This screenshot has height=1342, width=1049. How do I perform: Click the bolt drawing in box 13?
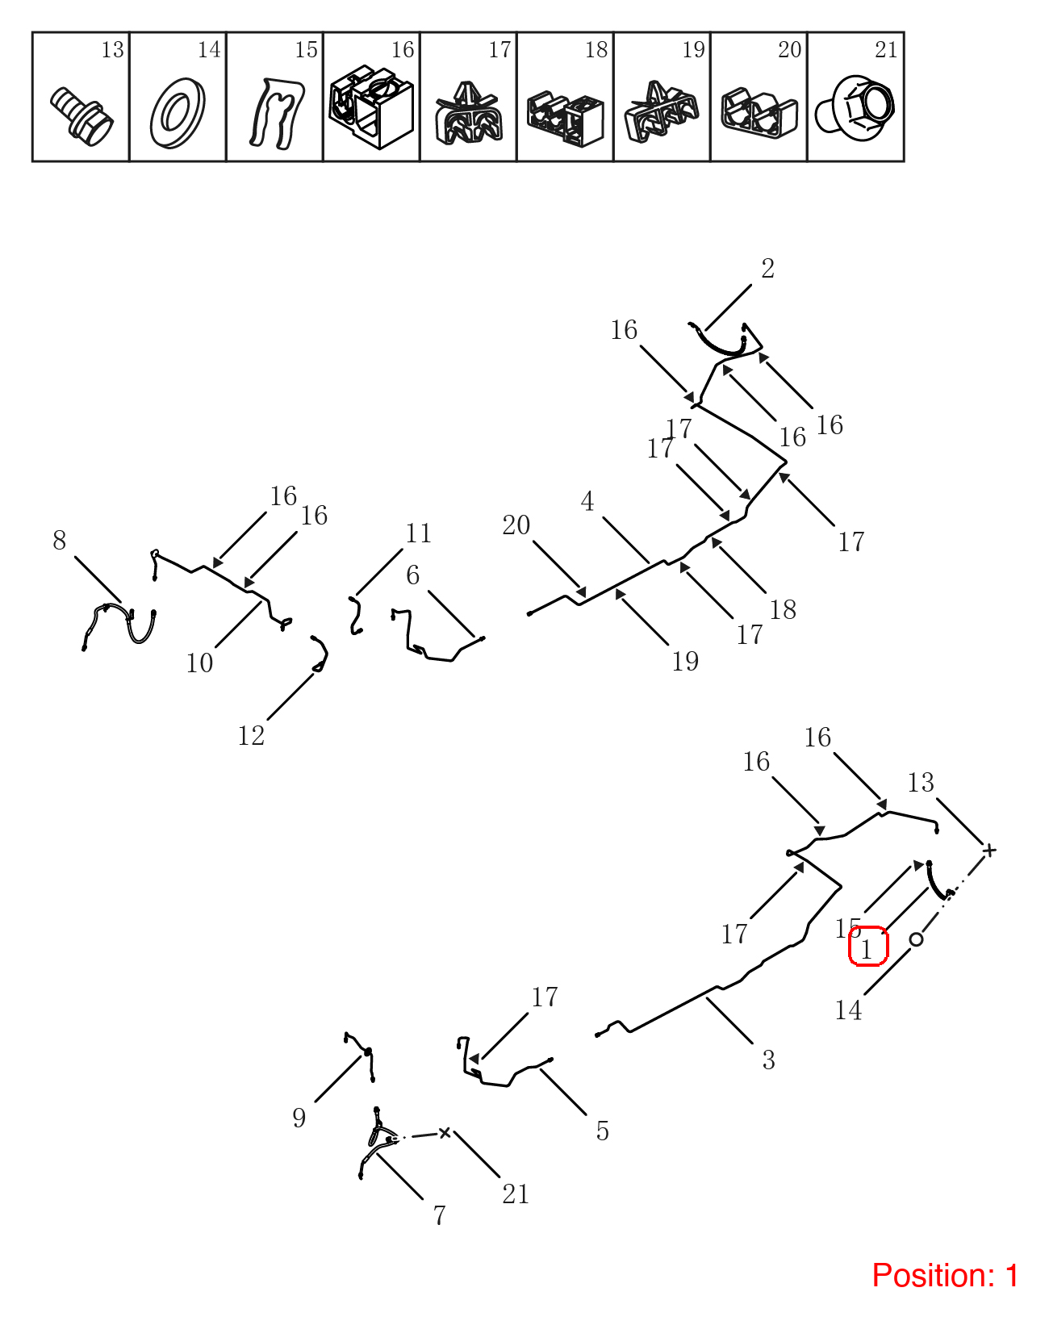click(x=81, y=117)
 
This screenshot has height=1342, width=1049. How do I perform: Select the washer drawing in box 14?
click(x=178, y=113)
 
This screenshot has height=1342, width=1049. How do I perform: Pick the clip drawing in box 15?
click(x=277, y=114)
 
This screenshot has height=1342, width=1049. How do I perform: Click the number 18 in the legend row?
click(x=596, y=49)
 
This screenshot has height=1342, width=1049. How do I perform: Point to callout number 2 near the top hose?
click(x=767, y=268)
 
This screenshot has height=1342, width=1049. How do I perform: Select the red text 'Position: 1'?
click(x=945, y=1275)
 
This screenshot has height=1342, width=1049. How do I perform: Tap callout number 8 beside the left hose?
click(x=59, y=540)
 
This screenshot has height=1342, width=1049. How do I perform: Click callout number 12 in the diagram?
click(x=251, y=735)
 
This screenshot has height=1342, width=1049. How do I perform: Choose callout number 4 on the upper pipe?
click(x=587, y=501)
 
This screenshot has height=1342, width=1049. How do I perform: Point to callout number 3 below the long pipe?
click(x=769, y=1060)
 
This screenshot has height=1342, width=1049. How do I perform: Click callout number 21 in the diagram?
click(x=516, y=1194)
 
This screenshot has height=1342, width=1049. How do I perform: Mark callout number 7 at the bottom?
click(x=440, y=1215)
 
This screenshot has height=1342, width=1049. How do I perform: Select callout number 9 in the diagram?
click(x=299, y=1118)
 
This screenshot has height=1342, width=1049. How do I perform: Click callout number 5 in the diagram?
click(x=603, y=1131)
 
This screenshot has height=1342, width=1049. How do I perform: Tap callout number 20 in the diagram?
click(x=516, y=525)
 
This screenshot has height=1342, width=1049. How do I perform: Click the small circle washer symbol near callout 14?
click(x=917, y=939)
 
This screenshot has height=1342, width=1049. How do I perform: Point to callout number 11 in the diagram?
click(x=418, y=533)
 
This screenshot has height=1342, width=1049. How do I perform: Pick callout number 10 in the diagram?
click(x=199, y=663)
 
